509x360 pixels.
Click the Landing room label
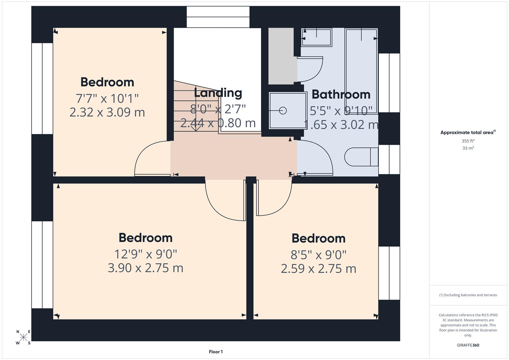(218, 93)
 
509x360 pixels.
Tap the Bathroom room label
(341, 95)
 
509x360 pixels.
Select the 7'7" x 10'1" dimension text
(107, 98)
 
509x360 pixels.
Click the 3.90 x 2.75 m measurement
(145, 268)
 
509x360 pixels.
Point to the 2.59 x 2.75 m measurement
(318, 269)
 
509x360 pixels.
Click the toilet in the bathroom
(361, 157)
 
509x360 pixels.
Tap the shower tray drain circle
(283, 110)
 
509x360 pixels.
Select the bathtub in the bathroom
(361, 67)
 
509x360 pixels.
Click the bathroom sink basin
(316, 37)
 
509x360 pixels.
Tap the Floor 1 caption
(216, 352)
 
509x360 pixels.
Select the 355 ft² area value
(468, 141)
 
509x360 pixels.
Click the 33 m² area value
(468, 148)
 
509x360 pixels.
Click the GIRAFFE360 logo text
(468, 345)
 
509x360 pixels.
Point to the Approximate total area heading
(467, 132)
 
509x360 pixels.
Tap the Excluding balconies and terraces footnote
(468, 295)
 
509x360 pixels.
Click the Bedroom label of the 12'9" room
(145, 238)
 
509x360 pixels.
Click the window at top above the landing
(218, 17)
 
